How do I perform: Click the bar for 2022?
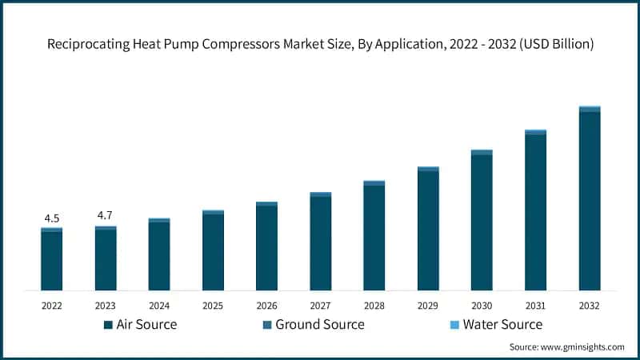click(x=51, y=259)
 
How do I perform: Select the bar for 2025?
click(x=213, y=250)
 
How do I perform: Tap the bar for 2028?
click(x=374, y=236)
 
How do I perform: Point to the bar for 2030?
click(x=482, y=220)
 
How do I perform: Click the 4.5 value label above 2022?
click(x=51, y=218)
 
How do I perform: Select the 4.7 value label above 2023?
click(x=106, y=215)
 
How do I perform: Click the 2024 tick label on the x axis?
click(x=159, y=305)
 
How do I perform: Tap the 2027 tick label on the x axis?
click(x=321, y=305)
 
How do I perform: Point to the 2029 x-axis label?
click(x=428, y=305)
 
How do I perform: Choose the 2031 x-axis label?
click(x=536, y=305)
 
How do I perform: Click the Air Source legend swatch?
click(x=108, y=325)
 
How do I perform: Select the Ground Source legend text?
click(x=320, y=325)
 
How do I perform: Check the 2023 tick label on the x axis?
click(x=106, y=305)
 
